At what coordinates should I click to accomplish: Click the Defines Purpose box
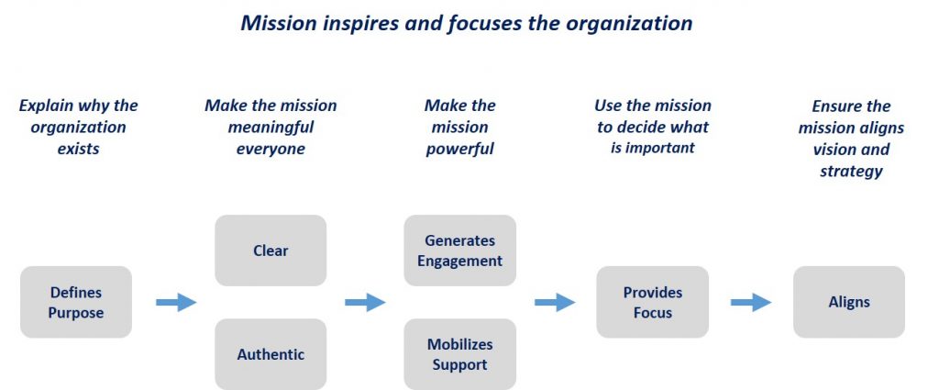tap(76, 302)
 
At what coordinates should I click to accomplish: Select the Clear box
tap(271, 251)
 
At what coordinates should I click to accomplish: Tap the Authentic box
tap(271, 354)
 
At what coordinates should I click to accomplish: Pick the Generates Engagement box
tap(460, 251)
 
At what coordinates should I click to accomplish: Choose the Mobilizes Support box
tap(460, 354)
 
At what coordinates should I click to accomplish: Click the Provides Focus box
tap(653, 302)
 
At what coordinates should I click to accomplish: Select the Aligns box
tap(849, 302)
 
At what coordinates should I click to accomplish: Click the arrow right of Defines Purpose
tap(176, 302)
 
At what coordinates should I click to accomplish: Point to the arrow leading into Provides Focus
tap(555, 302)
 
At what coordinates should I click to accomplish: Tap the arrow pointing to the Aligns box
tap(751, 302)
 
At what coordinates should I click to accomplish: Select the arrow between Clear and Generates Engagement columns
tap(365, 302)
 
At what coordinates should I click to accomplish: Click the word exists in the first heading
tap(79, 149)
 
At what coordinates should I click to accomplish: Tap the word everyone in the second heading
tap(271, 150)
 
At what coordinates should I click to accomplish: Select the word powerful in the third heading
tap(460, 150)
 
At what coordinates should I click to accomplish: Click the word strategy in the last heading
tap(851, 172)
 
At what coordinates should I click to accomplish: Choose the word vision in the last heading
tap(834, 150)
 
